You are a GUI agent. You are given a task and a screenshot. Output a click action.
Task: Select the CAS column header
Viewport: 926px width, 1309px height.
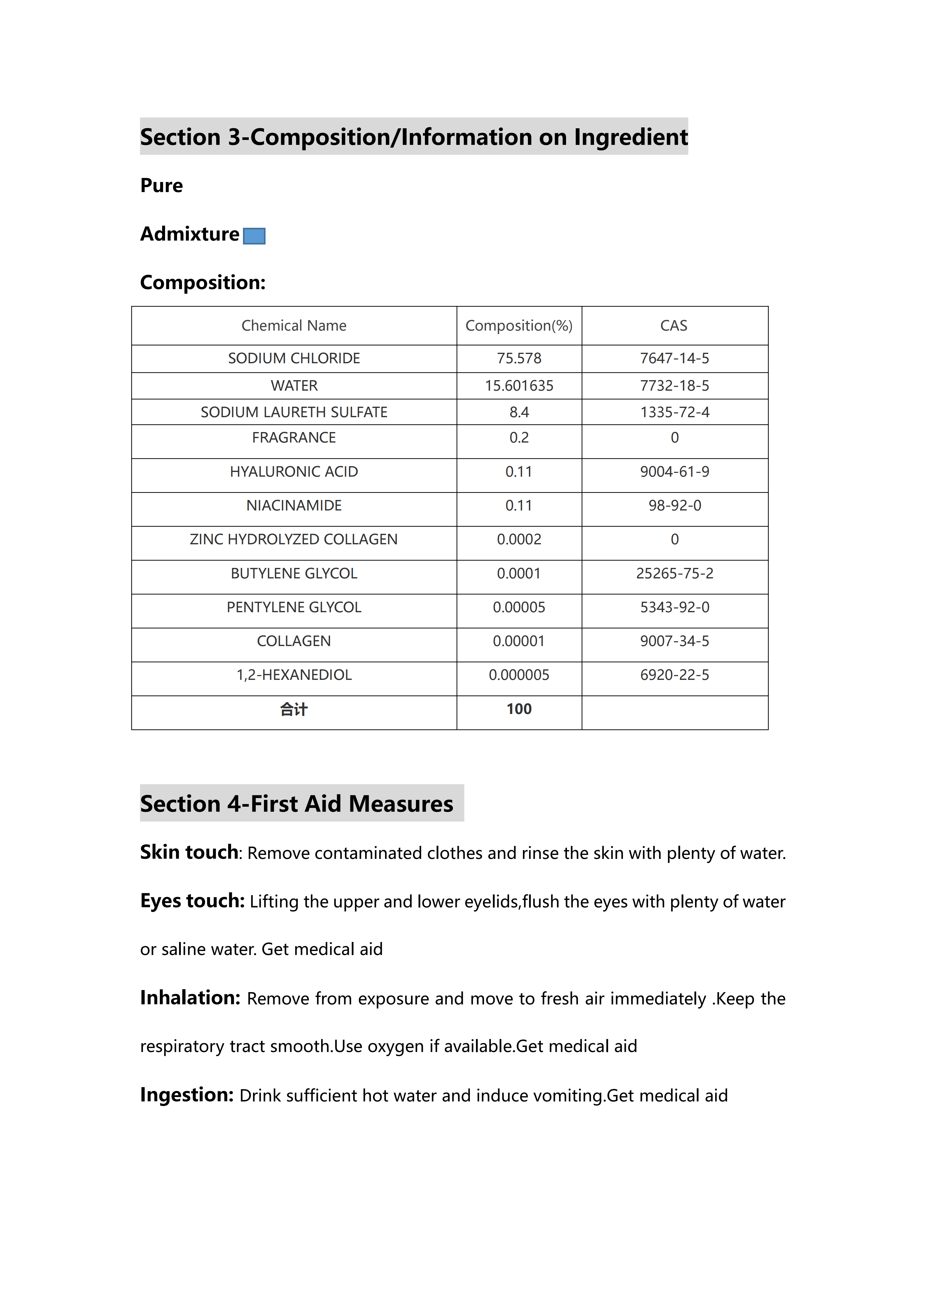pyautogui.click(x=674, y=326)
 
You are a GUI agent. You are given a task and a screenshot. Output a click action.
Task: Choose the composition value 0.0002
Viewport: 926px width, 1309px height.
pyautogui.click(x=519, y=539)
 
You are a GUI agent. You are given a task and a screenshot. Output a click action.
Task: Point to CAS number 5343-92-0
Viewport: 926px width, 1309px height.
pyautogui.click(x=675, y=607)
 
